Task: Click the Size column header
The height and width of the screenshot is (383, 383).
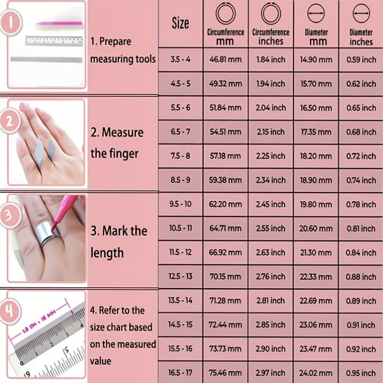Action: pyautogui.click(x=180, y=23)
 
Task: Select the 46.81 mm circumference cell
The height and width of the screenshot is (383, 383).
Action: pyautogui.click(x=225, y=59)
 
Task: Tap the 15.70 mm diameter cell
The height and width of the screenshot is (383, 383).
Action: pyautogui.click(x=316, y=84)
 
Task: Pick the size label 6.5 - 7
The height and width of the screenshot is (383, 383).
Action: pyautogui.click(x=180, y=132)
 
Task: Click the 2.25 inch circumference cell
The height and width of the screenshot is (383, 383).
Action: pyautogui.click(x=270, y=156)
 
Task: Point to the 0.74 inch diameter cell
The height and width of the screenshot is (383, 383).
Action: pyautogui.click(x=361, y=180)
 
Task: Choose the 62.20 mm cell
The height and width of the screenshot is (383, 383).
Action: pyautogui.click(x=225, y=204)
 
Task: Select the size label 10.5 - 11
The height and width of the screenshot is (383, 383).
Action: pyautogui.click(x=180, y=228)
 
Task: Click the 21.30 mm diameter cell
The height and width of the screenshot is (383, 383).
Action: pyautogui.click(x=316, y=253)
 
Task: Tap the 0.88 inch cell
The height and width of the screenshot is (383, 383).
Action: pyautogui.click(x=361, y=277)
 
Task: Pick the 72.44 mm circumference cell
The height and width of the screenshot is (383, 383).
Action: pyautogui.click(x=225, y=325)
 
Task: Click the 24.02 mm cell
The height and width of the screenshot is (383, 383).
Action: pyautogui.click(x=316, y=373)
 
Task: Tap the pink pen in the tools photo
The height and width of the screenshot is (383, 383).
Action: pyautogui.click(x=59, y=23)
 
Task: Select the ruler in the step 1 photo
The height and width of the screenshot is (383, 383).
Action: pyautogui.click(x=54, y=41)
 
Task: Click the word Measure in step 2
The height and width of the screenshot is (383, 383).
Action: pyautogui.click(x=123, y=133)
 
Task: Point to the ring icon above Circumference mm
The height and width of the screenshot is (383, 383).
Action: pyautogui.click(x=225, y=13)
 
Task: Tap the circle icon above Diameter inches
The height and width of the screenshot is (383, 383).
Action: pyautogui.click(x=361, y=13)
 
